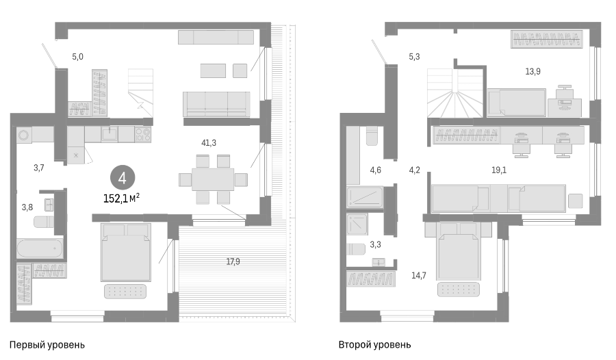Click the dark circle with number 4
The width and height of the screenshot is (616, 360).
click(x=123, y=178)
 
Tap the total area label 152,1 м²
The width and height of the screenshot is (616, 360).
click(x=121, y=198)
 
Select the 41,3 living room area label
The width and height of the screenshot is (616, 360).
click(x=209, y=143)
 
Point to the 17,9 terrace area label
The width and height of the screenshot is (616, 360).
click(x=233, y=261)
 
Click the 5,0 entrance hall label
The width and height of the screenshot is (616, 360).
click(x=77, y=57)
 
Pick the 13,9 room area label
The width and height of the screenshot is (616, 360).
click(x=532, y=71)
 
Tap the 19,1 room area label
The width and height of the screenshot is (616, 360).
click(x=498, y=170)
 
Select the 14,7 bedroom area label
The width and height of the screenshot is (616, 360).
click(x=418, y=276)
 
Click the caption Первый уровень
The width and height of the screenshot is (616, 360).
click(x=47, y=345)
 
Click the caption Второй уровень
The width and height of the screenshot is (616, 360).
click(x=374, y=345)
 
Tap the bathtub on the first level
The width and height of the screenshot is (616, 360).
click(x=40, y=248)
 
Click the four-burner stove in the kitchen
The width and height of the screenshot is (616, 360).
click(x=142, y=135)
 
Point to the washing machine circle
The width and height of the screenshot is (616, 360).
click(x=23, y=136)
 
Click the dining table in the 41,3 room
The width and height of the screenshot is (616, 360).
click(x=213, y=179)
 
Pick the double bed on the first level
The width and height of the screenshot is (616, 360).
click(x=126, y=253)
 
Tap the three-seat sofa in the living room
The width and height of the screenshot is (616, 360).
click(x=216, y=104)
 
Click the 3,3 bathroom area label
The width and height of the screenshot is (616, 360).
click(x=375, y=245)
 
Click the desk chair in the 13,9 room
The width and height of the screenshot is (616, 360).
click(x=565, y=92)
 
